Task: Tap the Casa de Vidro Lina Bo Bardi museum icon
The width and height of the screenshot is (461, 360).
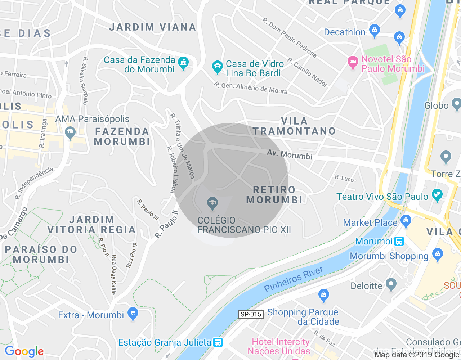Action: coord(217,67)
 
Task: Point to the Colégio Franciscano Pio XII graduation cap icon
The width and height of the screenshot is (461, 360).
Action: coord(212,204)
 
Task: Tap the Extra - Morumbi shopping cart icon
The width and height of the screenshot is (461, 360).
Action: coord(133,314)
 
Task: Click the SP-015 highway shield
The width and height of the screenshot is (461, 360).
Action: coord(251,314)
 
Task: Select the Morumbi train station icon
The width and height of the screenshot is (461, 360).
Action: coord(399,241)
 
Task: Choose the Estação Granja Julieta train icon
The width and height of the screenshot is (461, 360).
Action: coord(218,342)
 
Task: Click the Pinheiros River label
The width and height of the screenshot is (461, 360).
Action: coord(294,279)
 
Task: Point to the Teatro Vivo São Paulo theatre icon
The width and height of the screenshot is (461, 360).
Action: coord(437,195)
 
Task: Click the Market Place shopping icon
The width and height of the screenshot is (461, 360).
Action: coord(406,221)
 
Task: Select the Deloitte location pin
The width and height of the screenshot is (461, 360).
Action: coord(391,285)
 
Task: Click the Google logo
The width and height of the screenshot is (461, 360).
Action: coord(24,351)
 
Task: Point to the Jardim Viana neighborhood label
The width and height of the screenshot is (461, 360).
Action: coord(153,27)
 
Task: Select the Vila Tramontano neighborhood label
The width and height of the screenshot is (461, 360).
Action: coord(294,126)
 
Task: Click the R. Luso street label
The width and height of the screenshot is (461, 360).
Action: coord(344,178)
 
